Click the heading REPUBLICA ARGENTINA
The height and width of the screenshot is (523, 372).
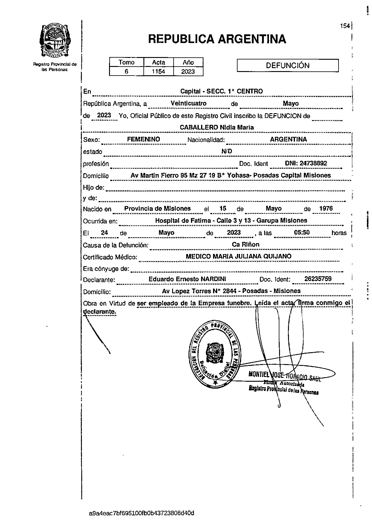pyautogui.click(x=217, y=39)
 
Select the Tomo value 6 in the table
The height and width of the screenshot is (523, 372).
pyautogui.click(x=126, y=72)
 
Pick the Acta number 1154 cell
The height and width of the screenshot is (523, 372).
pyautogui.click(x=158, y=72)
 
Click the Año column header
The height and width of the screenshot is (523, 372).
pyautogui.click(x=188, y=62)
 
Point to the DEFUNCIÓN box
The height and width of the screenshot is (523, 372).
pyautogui.click(x=287, y=66)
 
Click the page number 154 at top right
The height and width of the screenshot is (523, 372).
pyautogui.click(x=345, y=26)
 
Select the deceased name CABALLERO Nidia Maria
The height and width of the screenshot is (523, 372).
pyautogui.click(x=217, y=128)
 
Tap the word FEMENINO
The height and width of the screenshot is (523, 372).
pyautogui.click(x=143, y=139)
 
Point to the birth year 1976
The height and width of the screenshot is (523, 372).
pyautogui.click(x=326, y=208)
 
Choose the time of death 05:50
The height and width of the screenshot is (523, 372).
pyautogui.click(x=302, y=233)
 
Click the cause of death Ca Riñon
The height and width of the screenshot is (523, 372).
pyautogui.click(x=246, y=245)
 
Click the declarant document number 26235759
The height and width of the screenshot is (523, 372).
pyautogui.click(x=318, y=279)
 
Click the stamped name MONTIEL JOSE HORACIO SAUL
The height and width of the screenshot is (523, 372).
pyautogui.click(x=284, y=376)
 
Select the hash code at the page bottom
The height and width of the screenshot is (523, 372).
pyautogui.click(x=142, y=513)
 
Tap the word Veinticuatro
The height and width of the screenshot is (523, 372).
pyautogui.click(x=189, y=103)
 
